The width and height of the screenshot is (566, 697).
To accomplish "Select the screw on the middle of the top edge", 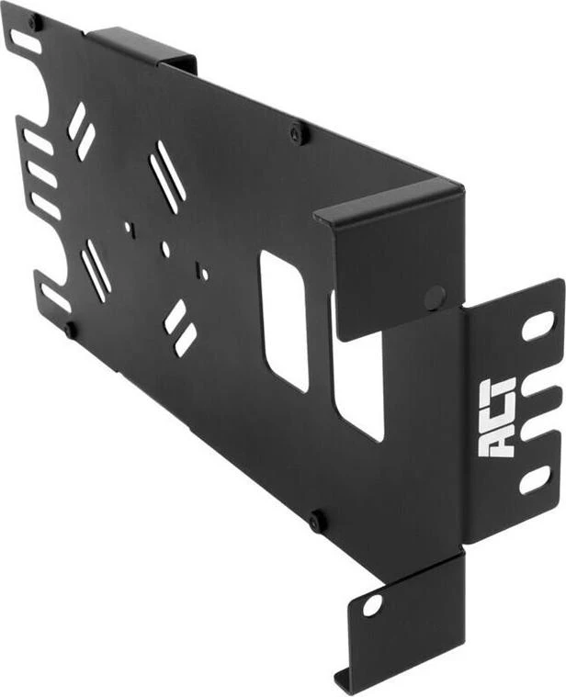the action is [295, 132].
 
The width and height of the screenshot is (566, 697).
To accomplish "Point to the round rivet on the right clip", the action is [435, 298].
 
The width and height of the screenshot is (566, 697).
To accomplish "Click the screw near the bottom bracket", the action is [316, 520].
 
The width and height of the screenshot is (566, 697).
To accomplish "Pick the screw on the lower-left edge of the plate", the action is [69, 330].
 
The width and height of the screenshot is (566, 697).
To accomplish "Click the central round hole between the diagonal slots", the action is [165, 249].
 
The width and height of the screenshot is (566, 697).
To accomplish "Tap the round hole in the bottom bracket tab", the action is [372, 605].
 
